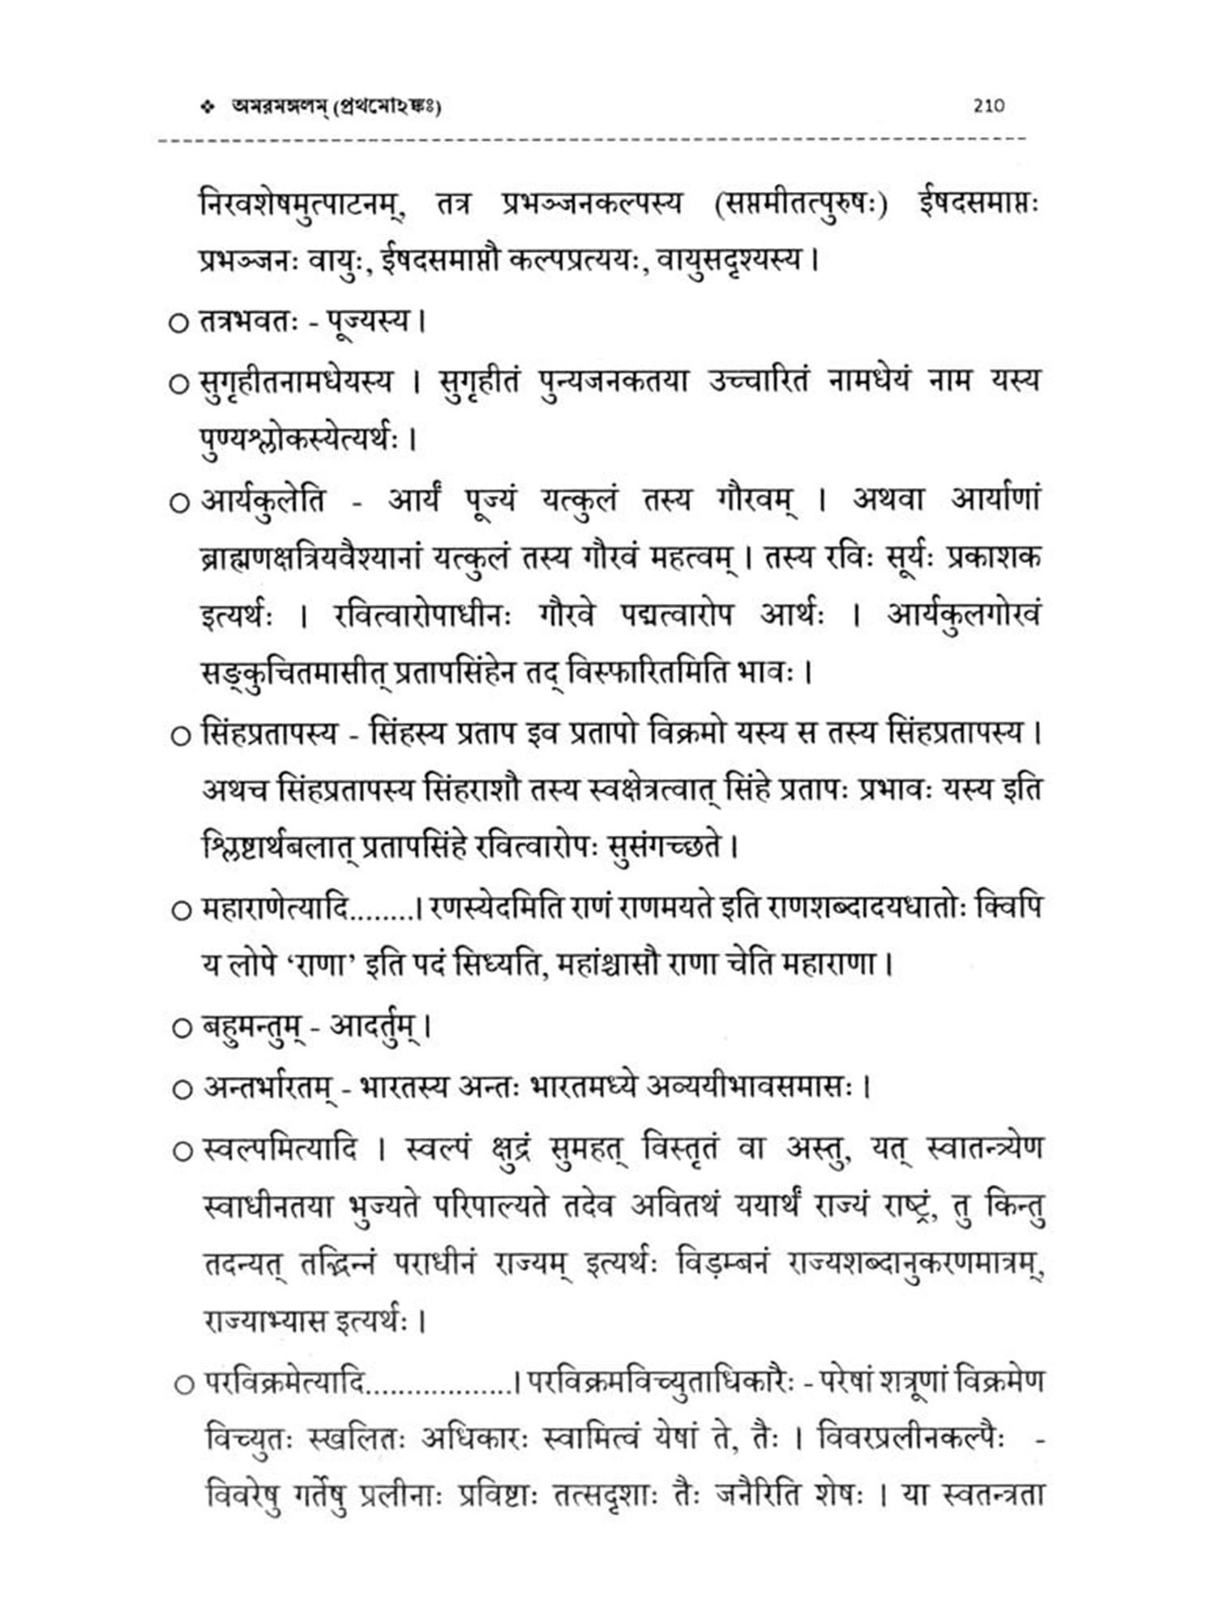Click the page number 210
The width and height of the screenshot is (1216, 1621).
[x=988, y=105]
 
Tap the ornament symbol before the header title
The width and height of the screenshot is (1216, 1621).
[x=211, y=106]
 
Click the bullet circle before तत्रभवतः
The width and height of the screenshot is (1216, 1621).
[x=178, y=323]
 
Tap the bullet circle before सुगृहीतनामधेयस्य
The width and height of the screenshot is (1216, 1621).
[x=178, y=383]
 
